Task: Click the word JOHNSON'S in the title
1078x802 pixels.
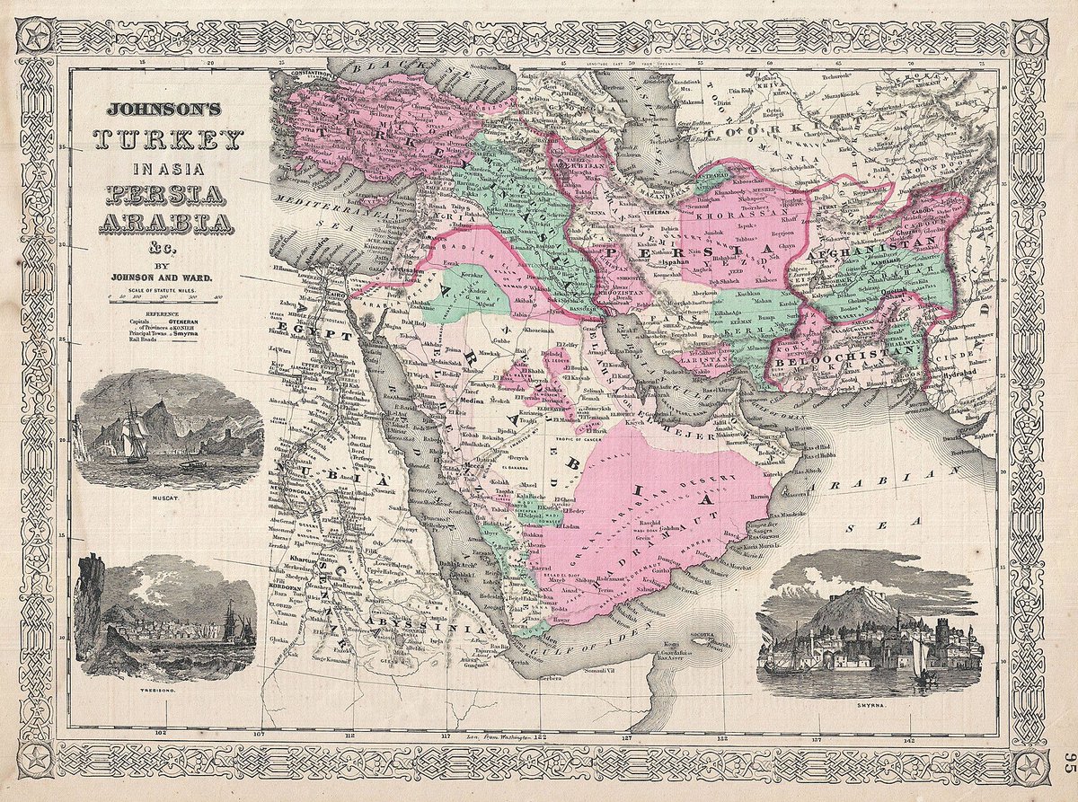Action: tap(170, 110)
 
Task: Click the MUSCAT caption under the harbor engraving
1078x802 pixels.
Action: tap(168, 497)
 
